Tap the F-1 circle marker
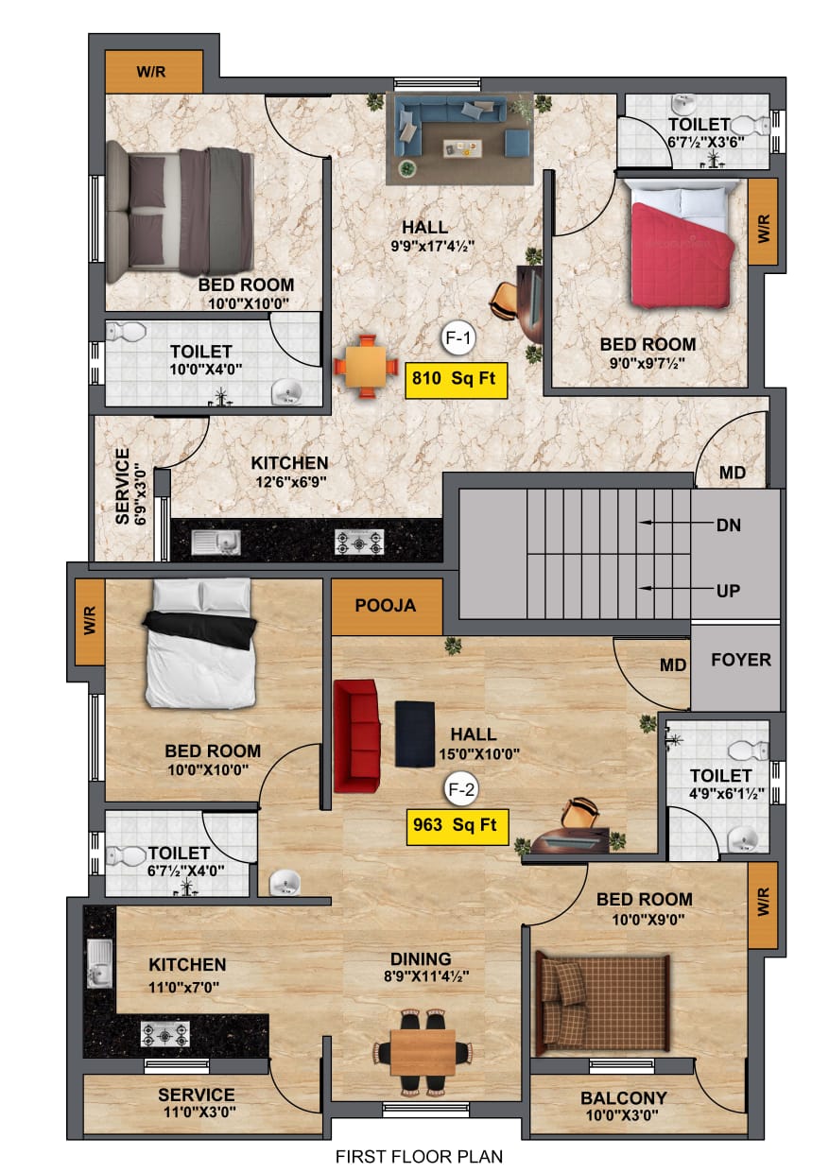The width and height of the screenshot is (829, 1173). [458, 337]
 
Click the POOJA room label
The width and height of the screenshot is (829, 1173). [386, 607]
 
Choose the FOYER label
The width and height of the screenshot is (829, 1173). [741, 660]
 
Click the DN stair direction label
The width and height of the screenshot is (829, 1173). [728, 523]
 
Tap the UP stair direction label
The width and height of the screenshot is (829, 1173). [728, 591]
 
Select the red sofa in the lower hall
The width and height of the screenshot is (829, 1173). [355, 735]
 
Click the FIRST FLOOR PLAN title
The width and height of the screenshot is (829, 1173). [419, 1156]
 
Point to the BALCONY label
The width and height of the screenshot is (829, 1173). [623, 1098]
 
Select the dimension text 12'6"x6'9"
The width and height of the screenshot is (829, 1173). [289, 480]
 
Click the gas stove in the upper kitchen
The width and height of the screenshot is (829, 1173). [360, 542]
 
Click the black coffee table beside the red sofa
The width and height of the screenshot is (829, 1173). [415, 734]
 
